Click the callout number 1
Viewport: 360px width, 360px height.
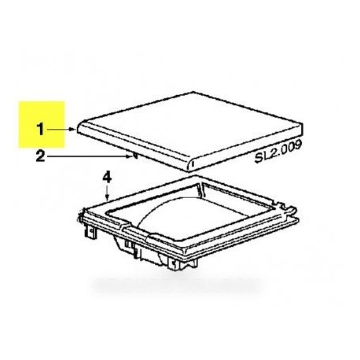coord(40,130)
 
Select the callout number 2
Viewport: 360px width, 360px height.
coord(40,156)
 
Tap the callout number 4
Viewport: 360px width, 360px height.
coord(107,178)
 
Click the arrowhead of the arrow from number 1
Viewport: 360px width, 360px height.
coord(73,129)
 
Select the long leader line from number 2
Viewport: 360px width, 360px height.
coord(90,156)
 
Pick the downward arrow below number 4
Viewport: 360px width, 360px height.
coord(107,193)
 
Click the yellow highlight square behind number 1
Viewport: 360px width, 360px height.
coord(42,124)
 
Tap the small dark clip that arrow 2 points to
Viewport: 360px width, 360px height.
coord(135,156)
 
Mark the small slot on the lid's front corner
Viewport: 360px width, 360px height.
coord(193,164)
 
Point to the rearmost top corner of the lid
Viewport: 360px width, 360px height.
coord(193,92)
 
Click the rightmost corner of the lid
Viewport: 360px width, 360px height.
coord(303,125)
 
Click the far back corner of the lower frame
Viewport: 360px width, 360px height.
coord(195,176)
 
